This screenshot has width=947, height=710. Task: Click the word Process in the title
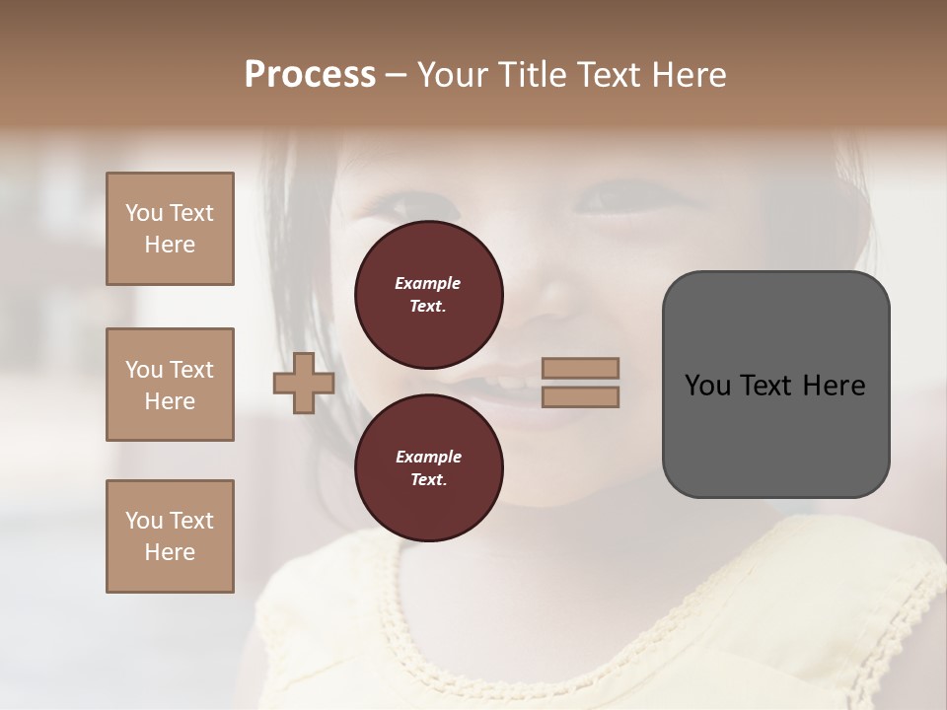[310, 75]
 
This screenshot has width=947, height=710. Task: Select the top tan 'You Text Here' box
[170, 229]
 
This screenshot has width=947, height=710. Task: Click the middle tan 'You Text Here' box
[170, 385]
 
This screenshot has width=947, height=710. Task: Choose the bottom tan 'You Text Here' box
[170, 536]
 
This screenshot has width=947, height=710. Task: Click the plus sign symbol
[304, 383]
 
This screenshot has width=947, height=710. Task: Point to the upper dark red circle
[429, 294]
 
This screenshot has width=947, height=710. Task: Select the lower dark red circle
[429, 467]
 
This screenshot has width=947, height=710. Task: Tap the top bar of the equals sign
[581, 368]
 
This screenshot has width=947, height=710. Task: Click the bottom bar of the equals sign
[581, 396]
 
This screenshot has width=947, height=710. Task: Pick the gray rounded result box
[775, 385]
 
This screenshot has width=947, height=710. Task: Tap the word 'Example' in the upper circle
[428, 283]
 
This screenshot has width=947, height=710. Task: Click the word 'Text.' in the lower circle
[428, 479]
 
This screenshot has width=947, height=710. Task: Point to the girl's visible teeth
[508, 383]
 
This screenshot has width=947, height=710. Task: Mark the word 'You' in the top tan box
[143, 213]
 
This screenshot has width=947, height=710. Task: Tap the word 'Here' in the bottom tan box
[170, 552]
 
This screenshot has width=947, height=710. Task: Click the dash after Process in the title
[397, 75]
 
